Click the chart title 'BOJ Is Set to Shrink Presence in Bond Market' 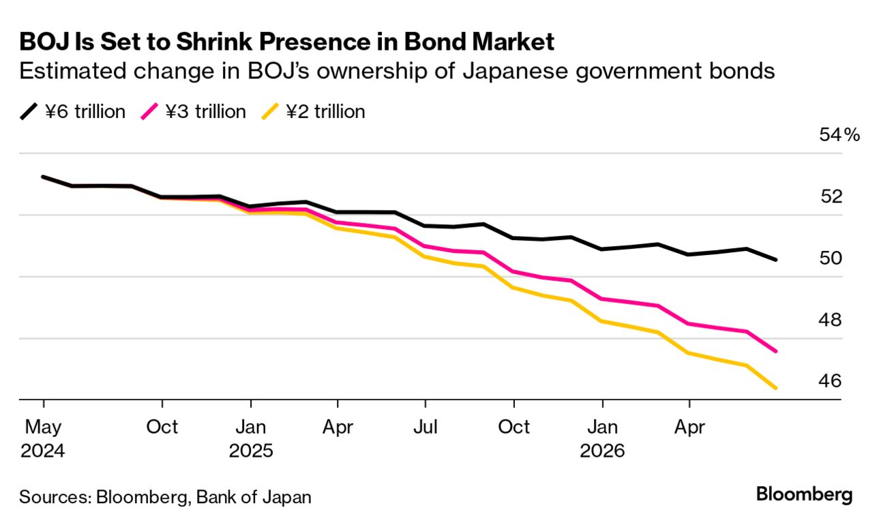(x=286, y=42)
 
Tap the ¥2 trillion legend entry (x=314, y=112)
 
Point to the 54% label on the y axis (x=839, y=135)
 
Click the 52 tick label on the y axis (x=831, y=196)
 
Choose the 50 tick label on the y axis (x=831, y=258)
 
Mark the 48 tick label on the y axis (x=831, y=319)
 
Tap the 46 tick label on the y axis (x=831, y=380)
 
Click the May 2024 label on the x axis (x=43, y=438)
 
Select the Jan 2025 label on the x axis (x=251, y=438)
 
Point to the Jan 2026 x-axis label (x=602, y=438)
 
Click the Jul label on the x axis (x=425, y=427)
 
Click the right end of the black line (x=777, y=260)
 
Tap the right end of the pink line (x=777, y=351)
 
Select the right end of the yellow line (x=777, y=389)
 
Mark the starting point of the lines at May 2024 (x=43, y=177)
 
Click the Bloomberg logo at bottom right (x=804, y=494)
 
